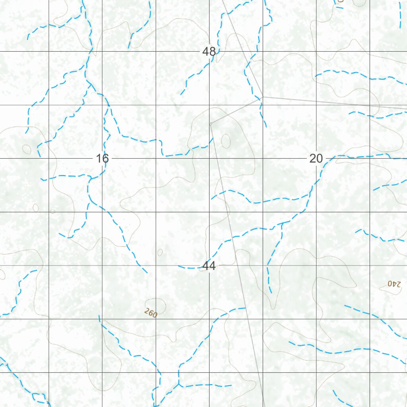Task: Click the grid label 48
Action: click(209, 52)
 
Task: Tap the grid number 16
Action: click(102, 159)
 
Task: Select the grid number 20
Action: click(316, 159)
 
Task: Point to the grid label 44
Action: click(209, 266)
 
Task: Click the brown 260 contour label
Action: click(151, 313)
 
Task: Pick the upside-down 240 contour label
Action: click(395, 284)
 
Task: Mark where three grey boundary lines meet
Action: click(262, 97)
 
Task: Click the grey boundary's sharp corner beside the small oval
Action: click(210, 124)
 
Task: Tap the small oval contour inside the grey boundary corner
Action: click(226, 140)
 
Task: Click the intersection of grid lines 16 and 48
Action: click(102, 52)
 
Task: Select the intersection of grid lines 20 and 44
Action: click(316, 266)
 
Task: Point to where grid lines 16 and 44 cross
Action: click(102, 266)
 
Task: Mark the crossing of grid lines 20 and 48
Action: click(316, 52)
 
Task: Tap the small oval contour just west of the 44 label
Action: click(160, 252)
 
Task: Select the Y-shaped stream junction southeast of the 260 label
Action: click(179, 384)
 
